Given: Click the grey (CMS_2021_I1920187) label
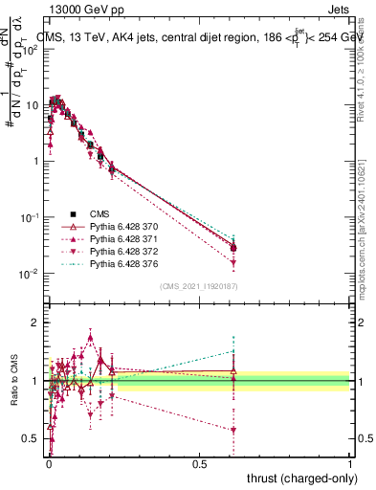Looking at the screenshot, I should pyautogui.click(x=198, y=285).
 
